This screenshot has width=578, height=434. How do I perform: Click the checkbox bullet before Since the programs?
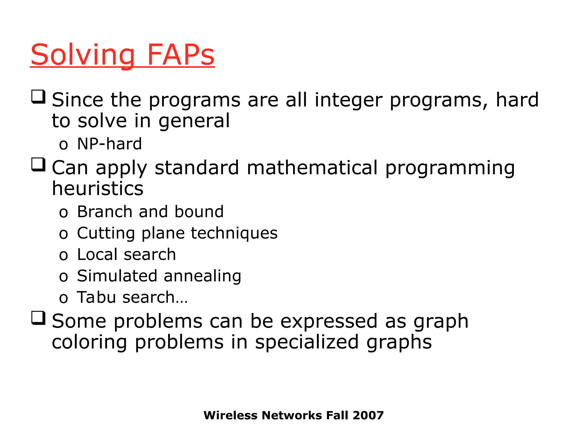click(x=38, y=97)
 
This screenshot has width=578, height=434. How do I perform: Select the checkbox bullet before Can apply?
click(x=38, y=164)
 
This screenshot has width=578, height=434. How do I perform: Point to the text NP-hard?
click(x=109, y=144)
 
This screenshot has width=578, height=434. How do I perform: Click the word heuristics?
click(x=98, y=188)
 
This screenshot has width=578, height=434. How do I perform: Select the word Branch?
click(x=104, y=212)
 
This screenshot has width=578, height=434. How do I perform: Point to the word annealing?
click(x=202, y=276)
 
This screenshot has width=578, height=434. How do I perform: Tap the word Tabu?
click(x=96, y=297)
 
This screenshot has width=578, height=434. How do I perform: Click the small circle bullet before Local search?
click(x=64, y=255)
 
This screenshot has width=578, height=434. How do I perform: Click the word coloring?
click(x=89, y=342)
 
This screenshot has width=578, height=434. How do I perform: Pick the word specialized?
click(x=307, y=342)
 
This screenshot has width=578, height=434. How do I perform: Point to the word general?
click(x=194, y=121)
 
